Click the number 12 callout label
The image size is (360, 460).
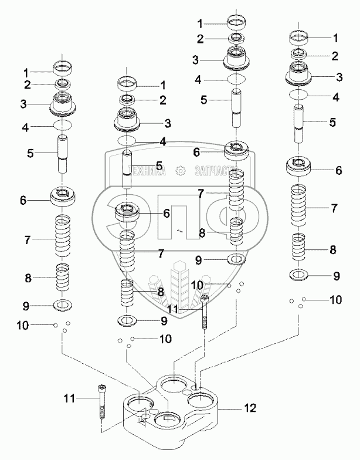click(x=250, y=408)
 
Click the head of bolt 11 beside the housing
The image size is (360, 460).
click(x=102, y=387)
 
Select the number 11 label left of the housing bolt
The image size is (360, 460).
click(x=69, y=398)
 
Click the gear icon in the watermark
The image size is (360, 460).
click(x=179, y=171)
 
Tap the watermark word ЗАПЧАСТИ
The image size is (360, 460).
click(x=213, y=171)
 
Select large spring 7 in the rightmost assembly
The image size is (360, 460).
click(x=298, y=205)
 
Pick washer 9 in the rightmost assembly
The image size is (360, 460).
click(x=298, y=275)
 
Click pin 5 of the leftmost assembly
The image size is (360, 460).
click(x=63, y=154)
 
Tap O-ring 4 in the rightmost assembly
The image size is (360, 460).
click(x=298, y=94)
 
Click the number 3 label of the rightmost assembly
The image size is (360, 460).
click(x=339, y=77)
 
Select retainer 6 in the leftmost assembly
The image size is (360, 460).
click(x=63, y=196)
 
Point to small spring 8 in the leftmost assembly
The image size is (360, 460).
click(x=63, y=277)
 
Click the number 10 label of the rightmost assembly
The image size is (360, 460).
click(x=335, y=299)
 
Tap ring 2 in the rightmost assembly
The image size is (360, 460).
click(x=299, y=54)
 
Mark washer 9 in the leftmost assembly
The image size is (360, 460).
click(x=63, y=305)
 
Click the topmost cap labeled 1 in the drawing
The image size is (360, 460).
click(x=237, y=21)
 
